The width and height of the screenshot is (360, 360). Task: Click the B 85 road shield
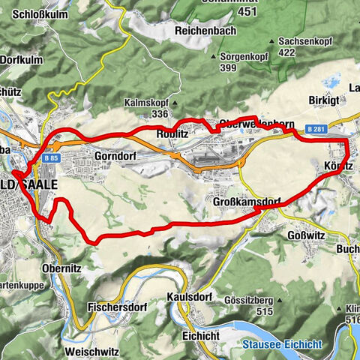[x=51, y=158]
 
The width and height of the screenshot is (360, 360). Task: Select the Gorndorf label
[x=114, y=156]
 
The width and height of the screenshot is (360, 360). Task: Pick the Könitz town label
[x=339, y=165]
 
